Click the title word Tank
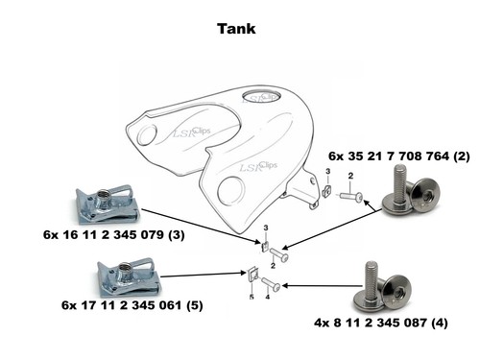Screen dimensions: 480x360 (236, 29)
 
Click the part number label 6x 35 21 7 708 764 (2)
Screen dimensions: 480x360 (399, 156)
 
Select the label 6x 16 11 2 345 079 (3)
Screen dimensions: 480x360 (114, 234)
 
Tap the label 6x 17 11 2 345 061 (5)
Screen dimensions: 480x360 (132, 305)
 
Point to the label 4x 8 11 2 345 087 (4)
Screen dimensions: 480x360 (381, 323)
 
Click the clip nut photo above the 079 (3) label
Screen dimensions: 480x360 (108, 204)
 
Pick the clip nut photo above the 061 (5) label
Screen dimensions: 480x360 (129, 276)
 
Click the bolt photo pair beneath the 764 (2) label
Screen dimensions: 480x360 (411, 189)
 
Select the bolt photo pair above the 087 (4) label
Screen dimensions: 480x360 (381, 287)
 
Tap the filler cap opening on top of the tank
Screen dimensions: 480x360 (261, 96)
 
